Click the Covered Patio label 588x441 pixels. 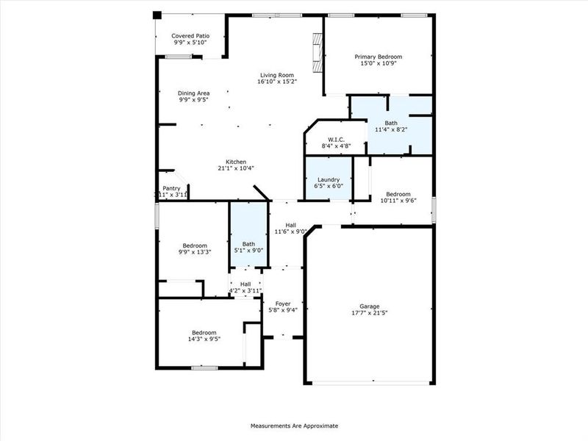pyautogui.click(x=190, y=35)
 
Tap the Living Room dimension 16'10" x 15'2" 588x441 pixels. pyautogui.click(x=277, y=82)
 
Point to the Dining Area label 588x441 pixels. pyautogui.click(x=194, y=93)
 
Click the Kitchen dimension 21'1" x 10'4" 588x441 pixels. pyautogui.click(x=235, y=168)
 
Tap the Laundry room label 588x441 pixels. pyautogui.click(x=328, y=180)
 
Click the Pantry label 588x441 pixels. pyautogui.click(x=171, y=188)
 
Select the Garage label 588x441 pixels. pyautogui.click(x=369, y=306)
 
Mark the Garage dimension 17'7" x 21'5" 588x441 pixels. pyautogui.click(x=369, y=314)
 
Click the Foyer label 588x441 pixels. pyautogui.click(x=283, y=303)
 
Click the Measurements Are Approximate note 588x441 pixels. pyautogui.click(x=294, y=426)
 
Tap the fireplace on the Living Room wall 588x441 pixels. pyautogui.click(x=317, y=53)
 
